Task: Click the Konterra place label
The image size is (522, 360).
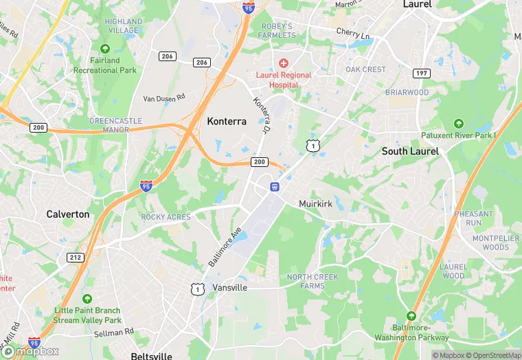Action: (x=227, y=121)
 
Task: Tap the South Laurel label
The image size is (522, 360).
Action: (x=410, y=151)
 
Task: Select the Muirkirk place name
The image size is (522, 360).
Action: (x=316, y=204)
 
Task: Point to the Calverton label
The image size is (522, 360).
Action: (x=68, y=214)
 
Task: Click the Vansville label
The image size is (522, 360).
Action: (x=229, y=287)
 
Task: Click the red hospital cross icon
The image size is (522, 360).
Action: (x=283, y=63)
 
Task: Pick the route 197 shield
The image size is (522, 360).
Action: (x=422, y=73)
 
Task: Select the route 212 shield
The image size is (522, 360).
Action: (x=76, y=257)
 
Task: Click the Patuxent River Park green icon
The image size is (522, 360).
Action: (x=459, y=124)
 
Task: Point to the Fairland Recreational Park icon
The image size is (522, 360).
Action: (x=105, y=49)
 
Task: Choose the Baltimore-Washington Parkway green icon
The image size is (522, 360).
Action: (x=411, y=315)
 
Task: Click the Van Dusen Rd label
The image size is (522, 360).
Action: (x=164, y=98)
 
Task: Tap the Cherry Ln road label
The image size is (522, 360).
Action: (x=353, y=32)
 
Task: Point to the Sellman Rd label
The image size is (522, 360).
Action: (x=115, y=333)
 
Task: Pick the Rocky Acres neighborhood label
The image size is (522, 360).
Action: (x=166, y=217)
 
